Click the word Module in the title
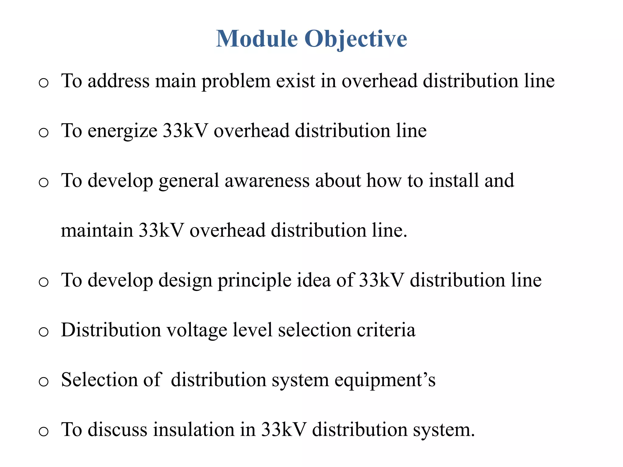257,39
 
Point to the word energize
122,131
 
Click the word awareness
267,181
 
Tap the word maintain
97,230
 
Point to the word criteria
386,330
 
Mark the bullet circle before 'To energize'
44,133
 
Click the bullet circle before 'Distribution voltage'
44,332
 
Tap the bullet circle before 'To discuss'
44,431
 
